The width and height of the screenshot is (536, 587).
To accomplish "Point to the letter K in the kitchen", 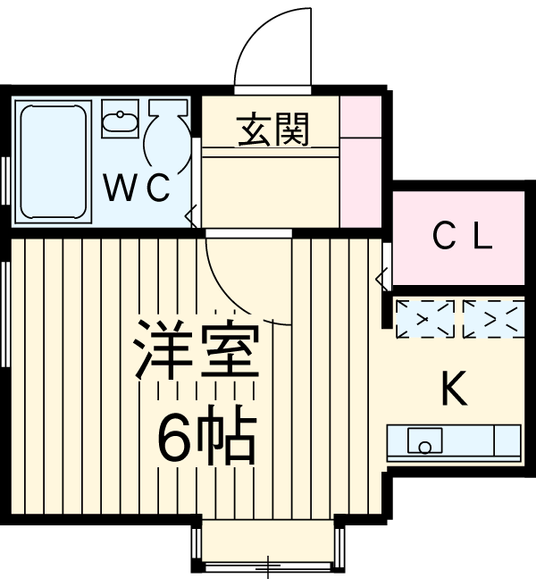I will pos(454,389).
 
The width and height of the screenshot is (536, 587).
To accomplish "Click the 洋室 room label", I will pos(197,352).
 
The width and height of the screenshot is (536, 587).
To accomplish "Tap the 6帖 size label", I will pos(206,435).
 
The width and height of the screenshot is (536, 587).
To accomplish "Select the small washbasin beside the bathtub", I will pos(118,120).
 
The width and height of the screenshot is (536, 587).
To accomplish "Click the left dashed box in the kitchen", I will pos(424,320).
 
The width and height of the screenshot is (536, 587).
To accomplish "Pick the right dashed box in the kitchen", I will pos(492,320).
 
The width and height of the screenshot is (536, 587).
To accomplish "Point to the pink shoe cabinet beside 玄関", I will pos(362,161).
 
